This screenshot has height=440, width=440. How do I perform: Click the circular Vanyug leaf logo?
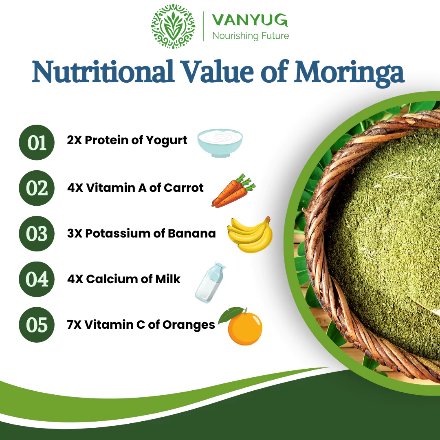173,26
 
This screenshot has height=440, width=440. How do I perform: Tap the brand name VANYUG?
250,20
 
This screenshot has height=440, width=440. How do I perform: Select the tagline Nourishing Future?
251,36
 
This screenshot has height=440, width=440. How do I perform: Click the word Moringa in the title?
350,73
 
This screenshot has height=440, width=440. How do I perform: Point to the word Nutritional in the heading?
103,72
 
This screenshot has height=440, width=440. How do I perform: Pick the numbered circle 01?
37,143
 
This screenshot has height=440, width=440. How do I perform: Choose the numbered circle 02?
37,188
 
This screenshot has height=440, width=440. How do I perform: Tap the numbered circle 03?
37,234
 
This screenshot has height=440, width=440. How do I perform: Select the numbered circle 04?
37,279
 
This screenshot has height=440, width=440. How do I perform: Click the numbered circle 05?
37,325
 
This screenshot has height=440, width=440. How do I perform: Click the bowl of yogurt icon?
220,143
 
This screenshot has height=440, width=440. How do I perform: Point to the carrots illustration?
233,191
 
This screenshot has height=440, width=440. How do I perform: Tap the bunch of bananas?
250,235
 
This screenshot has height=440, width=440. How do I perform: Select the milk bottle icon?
210,283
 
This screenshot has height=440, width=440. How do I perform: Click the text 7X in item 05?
74,325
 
